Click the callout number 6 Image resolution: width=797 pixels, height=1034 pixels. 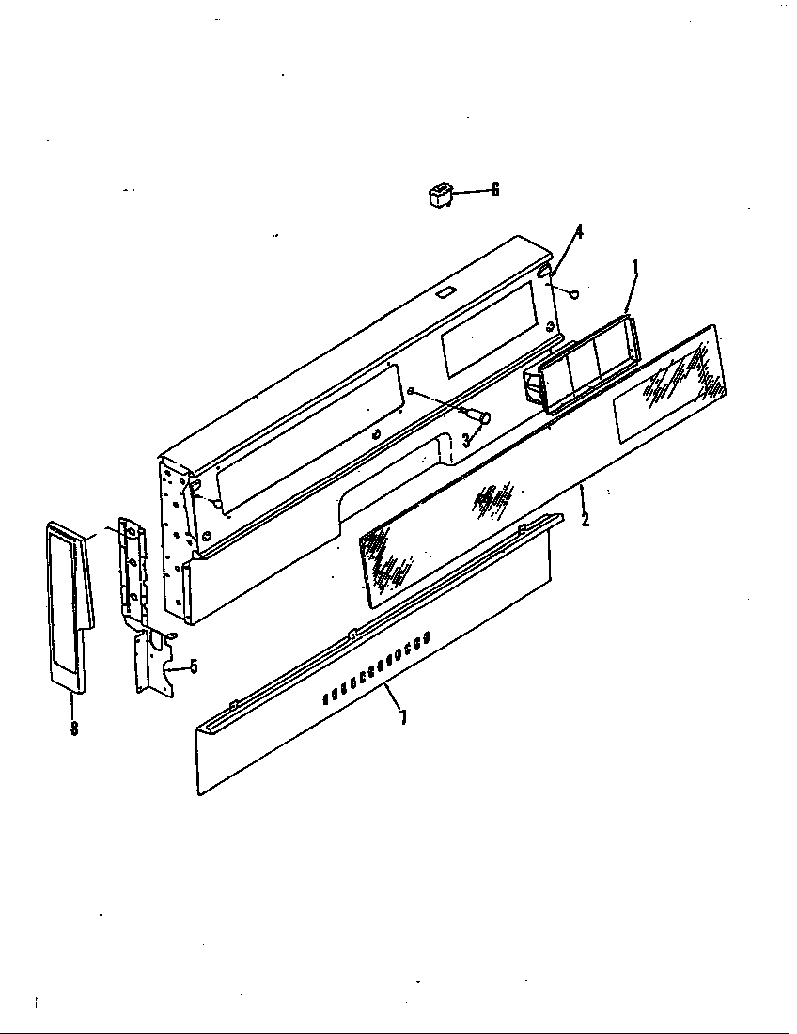tap(495, 191)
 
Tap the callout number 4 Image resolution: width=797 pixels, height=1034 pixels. tap(579, 232)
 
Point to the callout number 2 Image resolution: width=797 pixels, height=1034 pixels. tap(585, 518)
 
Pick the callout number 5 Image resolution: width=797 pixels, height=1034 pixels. tap(194, 666)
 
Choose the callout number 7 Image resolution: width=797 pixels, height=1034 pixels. tap(403, 718)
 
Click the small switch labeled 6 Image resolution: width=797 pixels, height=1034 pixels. tap(436, 196)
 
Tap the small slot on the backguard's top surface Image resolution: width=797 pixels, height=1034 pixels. tap(445, 293)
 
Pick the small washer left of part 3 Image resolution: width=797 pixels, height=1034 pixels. tap(413, 390)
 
